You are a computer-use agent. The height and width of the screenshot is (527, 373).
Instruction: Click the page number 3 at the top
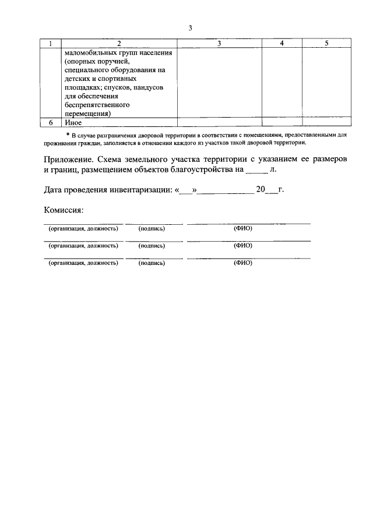(190, 28)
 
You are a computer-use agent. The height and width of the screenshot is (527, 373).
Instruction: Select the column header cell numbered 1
(51, 43)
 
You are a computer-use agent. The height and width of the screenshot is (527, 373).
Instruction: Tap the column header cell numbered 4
(281, 43)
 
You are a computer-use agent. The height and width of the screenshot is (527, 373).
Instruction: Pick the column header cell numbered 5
(326, 43)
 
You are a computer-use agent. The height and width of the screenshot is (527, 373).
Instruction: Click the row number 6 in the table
(51, 122)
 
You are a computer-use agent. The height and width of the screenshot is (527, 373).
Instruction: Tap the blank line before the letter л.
(256, 171)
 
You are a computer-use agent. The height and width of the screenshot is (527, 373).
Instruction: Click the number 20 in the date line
(261, 190)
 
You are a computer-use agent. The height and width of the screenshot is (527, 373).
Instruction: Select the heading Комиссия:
(64, 210)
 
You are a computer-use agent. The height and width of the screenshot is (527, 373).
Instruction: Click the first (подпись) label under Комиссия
(152, 229)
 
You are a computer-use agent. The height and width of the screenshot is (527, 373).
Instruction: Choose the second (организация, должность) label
(84, 246)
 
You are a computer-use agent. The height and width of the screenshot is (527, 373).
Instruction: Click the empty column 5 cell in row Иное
(326, 122)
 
